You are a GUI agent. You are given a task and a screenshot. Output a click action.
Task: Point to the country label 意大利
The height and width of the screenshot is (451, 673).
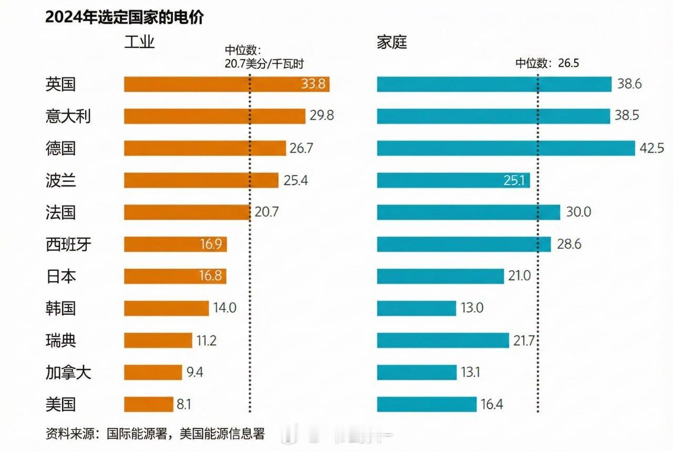point(68,116)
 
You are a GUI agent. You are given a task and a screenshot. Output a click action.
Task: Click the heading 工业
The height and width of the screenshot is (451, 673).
point(139,42)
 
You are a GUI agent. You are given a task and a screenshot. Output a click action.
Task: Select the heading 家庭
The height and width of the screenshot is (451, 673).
point(392,42)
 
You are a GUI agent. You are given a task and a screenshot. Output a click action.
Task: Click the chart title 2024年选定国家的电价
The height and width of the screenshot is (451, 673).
point(124,17)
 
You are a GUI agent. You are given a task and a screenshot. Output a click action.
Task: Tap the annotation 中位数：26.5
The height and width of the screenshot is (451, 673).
point(547,63)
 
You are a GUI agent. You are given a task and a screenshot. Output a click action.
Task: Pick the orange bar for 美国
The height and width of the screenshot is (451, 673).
point(148,404)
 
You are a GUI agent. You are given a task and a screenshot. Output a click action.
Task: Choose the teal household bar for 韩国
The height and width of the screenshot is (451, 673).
point(416,308)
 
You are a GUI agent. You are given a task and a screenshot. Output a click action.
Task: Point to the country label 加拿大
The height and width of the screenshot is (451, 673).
point(68,373)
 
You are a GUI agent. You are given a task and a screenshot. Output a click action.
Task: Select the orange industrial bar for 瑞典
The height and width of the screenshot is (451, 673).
point(158,340)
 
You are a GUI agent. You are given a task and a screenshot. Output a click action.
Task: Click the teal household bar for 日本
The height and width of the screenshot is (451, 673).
point(440,276)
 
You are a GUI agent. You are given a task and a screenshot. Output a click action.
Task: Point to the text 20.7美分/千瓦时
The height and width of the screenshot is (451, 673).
point(264,63)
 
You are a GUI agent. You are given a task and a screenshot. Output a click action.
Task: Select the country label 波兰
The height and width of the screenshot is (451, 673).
point(60,180)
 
